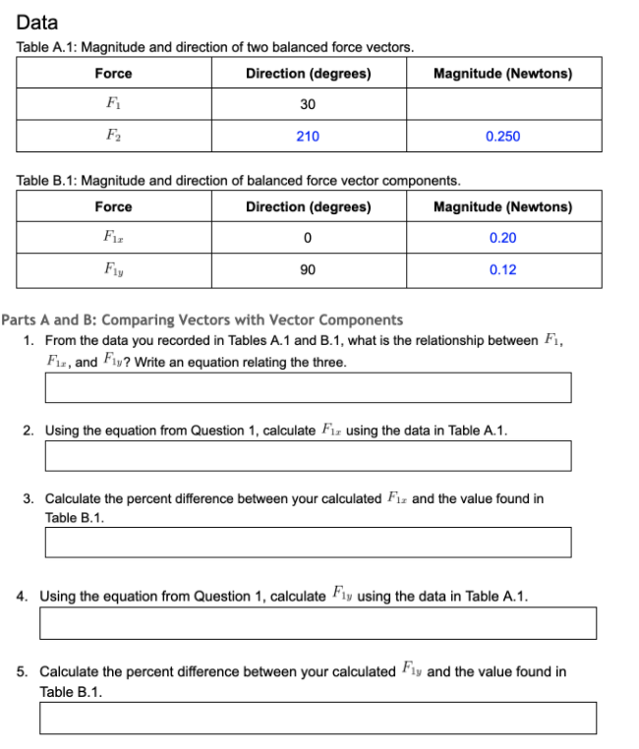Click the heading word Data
(x=37, y=22)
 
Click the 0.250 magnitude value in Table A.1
(x=502, y=137)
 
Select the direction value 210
(x=308, y=137)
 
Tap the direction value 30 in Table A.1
(x=308, y=105)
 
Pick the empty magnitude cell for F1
(x=502, y=105)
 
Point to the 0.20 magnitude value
(x=502, y=239)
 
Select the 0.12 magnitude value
(x=502, y=270)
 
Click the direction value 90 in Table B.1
(x=308, y=270)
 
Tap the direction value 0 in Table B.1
(x=308, y=239)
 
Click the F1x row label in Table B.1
(x=112, y=239)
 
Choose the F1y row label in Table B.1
(x=112, y=270)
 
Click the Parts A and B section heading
(x=203, y=319)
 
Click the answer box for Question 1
(x=308, y=387)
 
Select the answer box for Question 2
(x=308, y=455)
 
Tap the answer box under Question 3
(x=308, y=542)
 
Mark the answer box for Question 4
(x=318, y=622)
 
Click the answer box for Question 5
(x=318, y=718)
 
